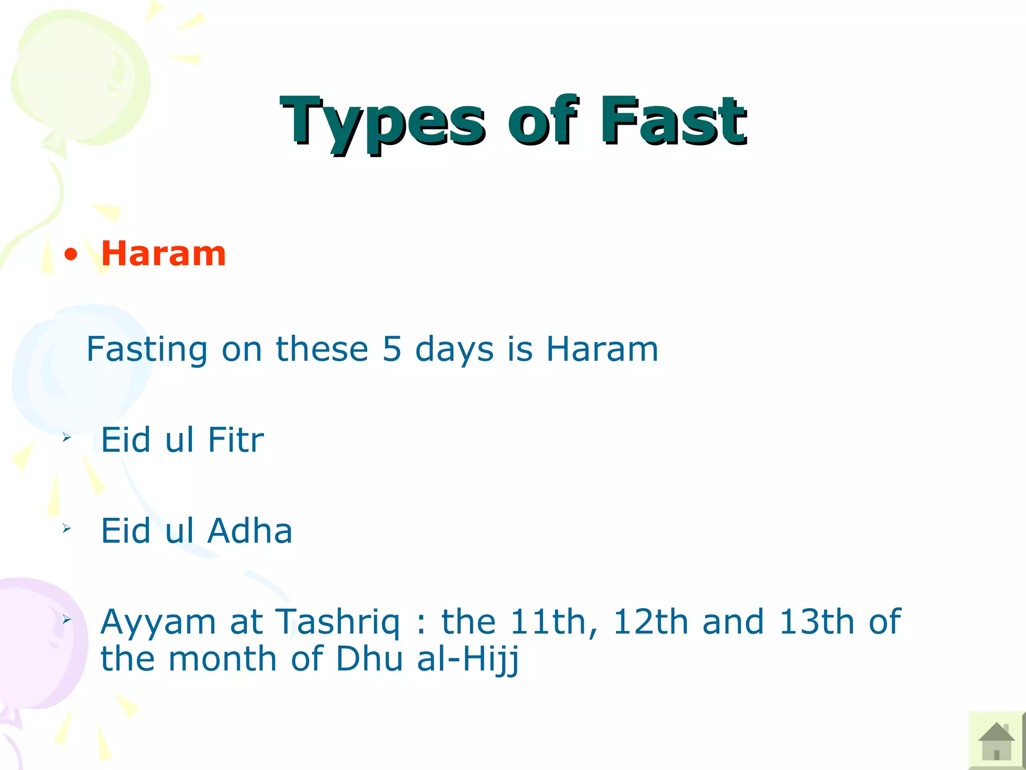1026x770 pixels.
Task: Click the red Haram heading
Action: pos(163,254)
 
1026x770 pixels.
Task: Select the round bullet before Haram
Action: pos(71,255)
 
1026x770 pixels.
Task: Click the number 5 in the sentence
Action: pos(392,349)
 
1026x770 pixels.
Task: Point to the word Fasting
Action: pos(147,350)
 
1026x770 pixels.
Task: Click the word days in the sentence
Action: pos(454,350)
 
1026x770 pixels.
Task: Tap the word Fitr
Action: pos(235,440)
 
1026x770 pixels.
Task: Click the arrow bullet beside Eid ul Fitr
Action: pos(67,438)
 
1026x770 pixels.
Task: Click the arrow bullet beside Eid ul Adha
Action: pos(67,528)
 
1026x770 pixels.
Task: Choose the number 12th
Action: pos(651,622)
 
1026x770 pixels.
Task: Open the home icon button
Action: pos(996,741)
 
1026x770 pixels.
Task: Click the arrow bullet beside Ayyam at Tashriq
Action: pos(67,620)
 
